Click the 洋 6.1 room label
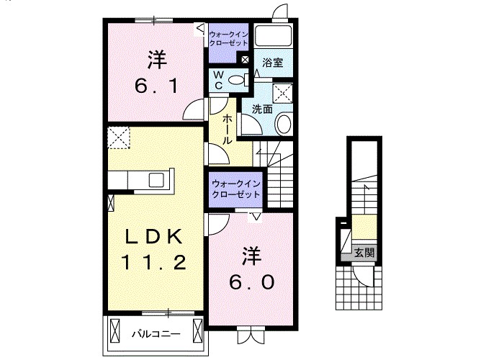(156, 73)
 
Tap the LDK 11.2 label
(153, 249)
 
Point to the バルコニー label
(156, 334)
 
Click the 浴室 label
(273, 63)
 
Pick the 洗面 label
(262, 109)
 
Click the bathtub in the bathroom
(273, 35)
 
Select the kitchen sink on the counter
(156, 180)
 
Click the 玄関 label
(364, 253)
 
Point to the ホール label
(228, 129)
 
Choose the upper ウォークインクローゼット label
(228, 39)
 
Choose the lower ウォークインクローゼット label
(235, 189)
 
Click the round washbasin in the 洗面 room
(284, 124)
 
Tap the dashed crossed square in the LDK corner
(119, 138)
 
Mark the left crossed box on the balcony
(114, 330)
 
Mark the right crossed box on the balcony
(198, 330)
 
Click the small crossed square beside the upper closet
(245, 60)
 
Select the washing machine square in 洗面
(282, 94)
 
